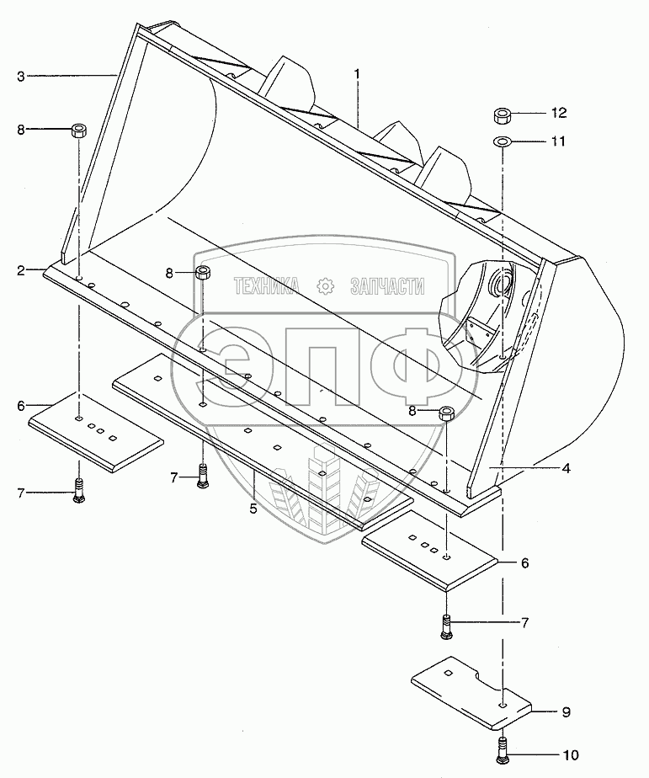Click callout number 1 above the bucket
coord(357,74)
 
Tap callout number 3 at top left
coord(20,77)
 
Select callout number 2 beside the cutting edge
coord(19,270)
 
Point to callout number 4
coord(567,468)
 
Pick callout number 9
coord(566,712)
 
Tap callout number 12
coord(559,113)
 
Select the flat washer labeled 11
coord(502,141)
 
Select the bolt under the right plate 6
coord(446,626)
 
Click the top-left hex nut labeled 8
coord(79,131)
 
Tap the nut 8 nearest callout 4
coord(447,413)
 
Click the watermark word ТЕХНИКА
coord(267,286)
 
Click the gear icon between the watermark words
coord(324,286)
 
